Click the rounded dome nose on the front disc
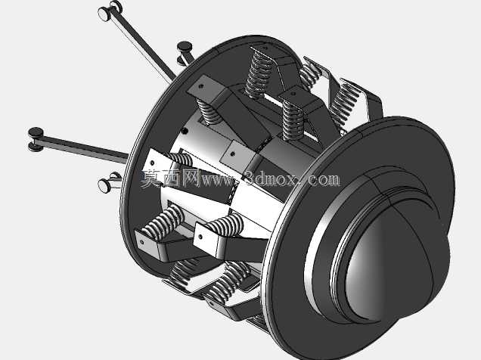(x=396, y=261)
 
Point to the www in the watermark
(x=217, y=179)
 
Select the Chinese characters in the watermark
(x=169, y=178)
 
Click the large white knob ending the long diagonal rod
(x=104, y=14)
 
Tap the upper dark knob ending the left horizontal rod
(x=36, y=132)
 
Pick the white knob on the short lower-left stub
(x=104, y=186)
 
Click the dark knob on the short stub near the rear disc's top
(x=185, y=46)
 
